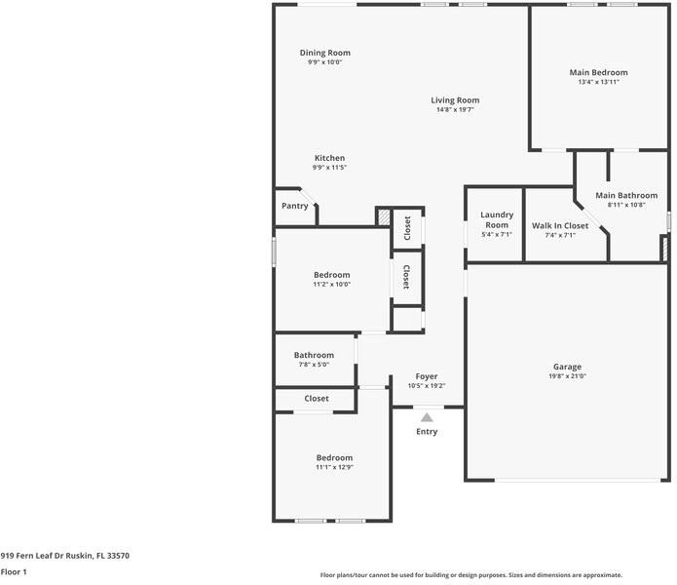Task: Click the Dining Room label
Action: (x=324, y=53)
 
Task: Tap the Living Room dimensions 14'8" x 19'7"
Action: (x=455, y=110)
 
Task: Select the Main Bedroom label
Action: (x=598, y=72)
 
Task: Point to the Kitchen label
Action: (x=329, y=158)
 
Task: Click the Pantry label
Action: (x=295, y=206)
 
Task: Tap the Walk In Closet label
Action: (x=560, y=225)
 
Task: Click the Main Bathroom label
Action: (x=633, y=195)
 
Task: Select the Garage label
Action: (x=569, y=367)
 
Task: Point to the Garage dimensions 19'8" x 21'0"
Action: (x=569, y=376)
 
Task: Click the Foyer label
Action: (x=427, y=376)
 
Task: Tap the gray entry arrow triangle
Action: (x=426, y=417)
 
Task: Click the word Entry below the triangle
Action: (x=427, y=431)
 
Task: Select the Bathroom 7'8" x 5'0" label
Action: (x=314, y=355)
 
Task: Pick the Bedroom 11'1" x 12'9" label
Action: (x=334, y=457)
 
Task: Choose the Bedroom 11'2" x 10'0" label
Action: (x=331, y=275)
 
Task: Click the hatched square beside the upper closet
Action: (x=384, y=217)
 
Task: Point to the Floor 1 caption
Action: (x=14, y=572)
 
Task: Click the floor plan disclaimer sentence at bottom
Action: (x=471, y=575)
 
